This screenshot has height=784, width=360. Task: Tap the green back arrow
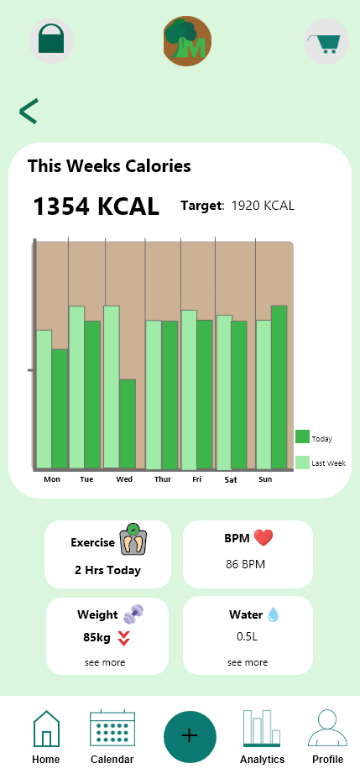click(29, 112)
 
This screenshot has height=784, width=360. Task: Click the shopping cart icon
click(326, 42)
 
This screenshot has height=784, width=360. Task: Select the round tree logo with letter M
click(187, 41)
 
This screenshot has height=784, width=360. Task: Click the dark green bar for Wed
click(128, 424)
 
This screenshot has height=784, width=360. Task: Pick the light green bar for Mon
click(44, 400)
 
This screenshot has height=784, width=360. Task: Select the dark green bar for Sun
click(279, 387)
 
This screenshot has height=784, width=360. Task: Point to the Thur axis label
click(163, 479)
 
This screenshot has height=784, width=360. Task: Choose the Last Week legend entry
click(321, 463)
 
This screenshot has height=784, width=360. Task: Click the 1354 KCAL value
click(96, 206)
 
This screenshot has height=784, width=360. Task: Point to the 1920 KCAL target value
click(263, 206)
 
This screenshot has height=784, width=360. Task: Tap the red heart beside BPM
click(263, 538)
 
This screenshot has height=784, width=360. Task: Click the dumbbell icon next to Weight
click(133, 614)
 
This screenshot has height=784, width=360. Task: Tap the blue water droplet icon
click(273, 614)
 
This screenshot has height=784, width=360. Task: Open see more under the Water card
click(248, 662)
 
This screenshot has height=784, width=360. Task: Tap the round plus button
click(190, 737)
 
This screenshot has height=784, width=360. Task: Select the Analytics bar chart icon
click(262, 728)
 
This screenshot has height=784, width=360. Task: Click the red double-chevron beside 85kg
click(123, 639)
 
